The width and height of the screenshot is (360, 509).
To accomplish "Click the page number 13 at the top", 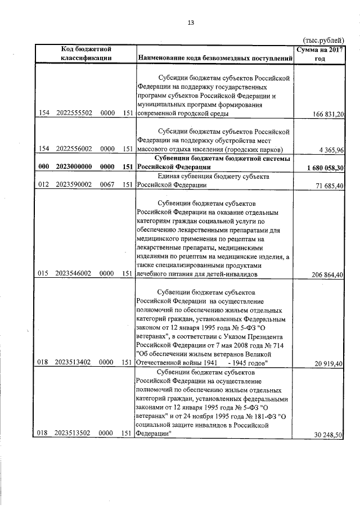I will [x=190, y=22].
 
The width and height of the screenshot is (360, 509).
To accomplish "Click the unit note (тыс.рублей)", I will [x=323, y=40].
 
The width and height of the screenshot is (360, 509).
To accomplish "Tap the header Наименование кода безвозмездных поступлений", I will [x=215, y=58].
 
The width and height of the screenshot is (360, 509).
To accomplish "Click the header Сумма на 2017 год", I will [x=320, y=53].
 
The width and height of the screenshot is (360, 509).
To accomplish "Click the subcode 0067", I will [x=107, y=184].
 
